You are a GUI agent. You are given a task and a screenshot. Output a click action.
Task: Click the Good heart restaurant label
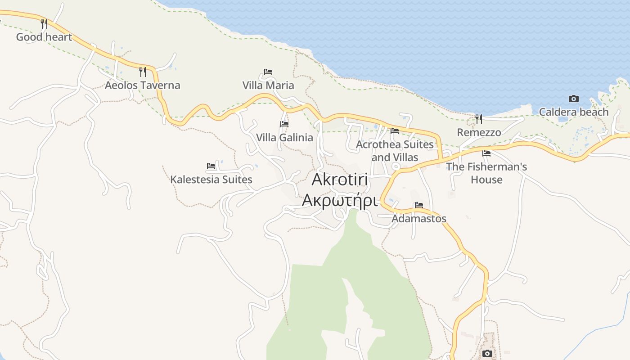[44, 37]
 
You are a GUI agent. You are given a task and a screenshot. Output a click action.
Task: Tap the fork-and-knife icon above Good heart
[44, 23]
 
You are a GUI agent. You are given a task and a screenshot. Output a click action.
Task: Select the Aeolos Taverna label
[142, 85]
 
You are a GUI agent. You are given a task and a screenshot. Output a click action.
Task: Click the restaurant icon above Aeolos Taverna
[142, 72]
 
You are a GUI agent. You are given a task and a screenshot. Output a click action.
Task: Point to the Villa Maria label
[268, 85]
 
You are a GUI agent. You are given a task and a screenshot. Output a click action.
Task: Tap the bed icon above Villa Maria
[268, 72]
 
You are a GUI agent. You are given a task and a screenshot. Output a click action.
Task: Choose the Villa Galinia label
[284, 137]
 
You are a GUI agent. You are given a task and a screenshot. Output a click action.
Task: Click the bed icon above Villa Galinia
[284, 124]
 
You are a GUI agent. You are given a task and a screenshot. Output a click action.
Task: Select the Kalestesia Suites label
[211, 179]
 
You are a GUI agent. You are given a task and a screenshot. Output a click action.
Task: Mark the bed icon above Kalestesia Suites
[211, 166]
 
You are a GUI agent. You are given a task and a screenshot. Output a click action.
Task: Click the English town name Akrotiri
[340, 179]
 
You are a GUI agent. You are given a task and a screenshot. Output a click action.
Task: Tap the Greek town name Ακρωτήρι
[339, 200]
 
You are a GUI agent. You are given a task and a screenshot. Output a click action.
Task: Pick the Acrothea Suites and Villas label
[395, 151]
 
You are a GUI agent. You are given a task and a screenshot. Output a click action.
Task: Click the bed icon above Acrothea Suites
[395, 130]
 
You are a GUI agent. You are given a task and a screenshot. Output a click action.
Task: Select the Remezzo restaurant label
[479, 132]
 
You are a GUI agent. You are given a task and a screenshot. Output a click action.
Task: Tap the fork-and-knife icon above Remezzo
[479, 119]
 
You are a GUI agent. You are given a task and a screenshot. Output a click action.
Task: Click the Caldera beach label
[574, 112]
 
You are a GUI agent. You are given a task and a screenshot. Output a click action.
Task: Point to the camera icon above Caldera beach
[574, 99]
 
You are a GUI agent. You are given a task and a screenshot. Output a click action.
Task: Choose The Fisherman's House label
[486, 173]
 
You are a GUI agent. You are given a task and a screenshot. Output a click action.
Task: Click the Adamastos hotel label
[419, 218]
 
